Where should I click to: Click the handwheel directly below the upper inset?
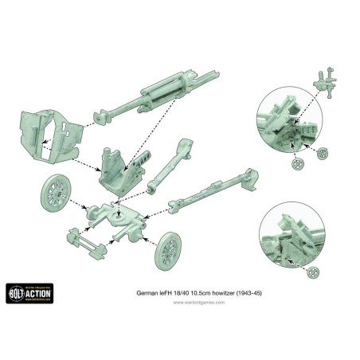(x=298, y=164)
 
